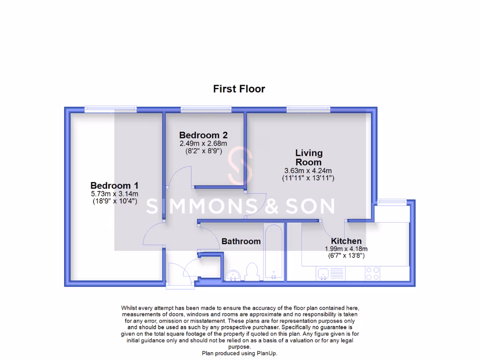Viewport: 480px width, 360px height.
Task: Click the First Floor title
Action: pos(239,89)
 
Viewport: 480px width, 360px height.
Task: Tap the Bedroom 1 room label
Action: pos(114,185)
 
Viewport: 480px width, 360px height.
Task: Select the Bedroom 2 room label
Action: pos(203,135)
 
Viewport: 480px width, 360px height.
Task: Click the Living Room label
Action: pos(308,157)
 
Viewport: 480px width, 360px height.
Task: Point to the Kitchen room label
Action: pos(346,241)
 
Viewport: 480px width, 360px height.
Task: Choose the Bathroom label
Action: pos(241,241)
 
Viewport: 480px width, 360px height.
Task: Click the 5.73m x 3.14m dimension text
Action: pos(114,194)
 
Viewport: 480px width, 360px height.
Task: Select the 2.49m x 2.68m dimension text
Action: pos(203,143)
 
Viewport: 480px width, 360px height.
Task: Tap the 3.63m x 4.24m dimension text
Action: pos(308,170)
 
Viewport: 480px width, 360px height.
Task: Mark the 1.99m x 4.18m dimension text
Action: pos(346,249)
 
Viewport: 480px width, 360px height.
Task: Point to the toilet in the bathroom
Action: pos(252,271)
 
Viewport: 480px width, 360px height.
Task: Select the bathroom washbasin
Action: pos(233,275)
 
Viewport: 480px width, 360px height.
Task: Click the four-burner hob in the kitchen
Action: pos(372,273)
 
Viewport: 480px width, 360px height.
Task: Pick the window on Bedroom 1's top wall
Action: pos(111,109)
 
